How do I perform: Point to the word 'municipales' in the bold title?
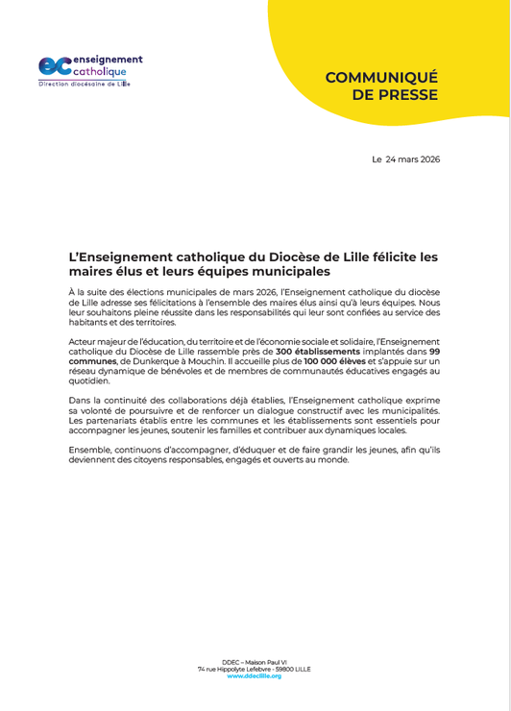click(289, 272)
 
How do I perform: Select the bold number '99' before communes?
click(434, 353)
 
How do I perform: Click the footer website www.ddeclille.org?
click(255, 676)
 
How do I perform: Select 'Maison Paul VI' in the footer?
click(268, 661)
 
